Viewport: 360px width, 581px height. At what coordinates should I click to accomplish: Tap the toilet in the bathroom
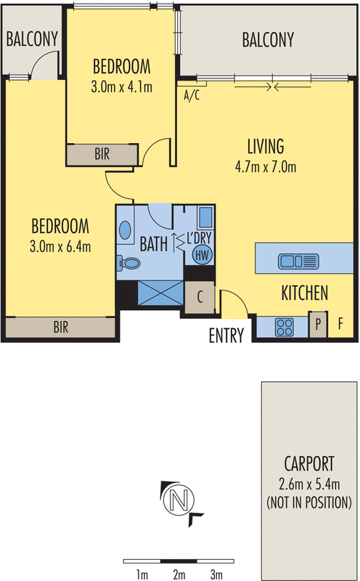click(129, 262)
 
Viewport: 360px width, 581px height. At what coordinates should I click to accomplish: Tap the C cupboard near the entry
click(199, 297)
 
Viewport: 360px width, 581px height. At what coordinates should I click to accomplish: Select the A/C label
click(192, 94)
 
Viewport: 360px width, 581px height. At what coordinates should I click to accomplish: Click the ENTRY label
click(226, 336)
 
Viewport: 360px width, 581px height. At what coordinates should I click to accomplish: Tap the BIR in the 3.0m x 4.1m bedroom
click(102, 154)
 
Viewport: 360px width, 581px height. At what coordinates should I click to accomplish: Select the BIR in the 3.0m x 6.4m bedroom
click(60, 328)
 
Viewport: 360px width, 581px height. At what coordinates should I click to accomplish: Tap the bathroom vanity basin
click(126, 230)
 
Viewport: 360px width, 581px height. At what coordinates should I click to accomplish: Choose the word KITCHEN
click(305, 293)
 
